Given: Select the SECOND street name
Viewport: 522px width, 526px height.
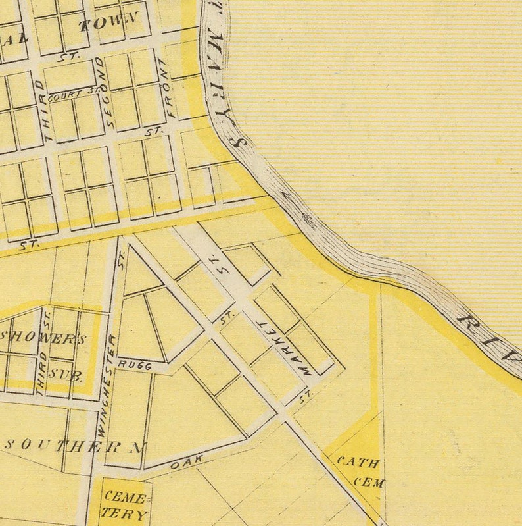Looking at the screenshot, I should (x=104, y=92).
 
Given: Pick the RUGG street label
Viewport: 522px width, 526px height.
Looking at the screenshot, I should (x=135, y=364).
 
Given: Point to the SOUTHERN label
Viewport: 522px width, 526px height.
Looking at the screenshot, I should (x=74, y=446).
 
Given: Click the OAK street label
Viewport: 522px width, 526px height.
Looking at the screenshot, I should (x=184, y=463).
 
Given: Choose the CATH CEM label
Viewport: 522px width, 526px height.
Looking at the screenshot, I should (x=360, y=471).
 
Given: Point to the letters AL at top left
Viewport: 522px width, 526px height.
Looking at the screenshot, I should (x=14, y=37).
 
